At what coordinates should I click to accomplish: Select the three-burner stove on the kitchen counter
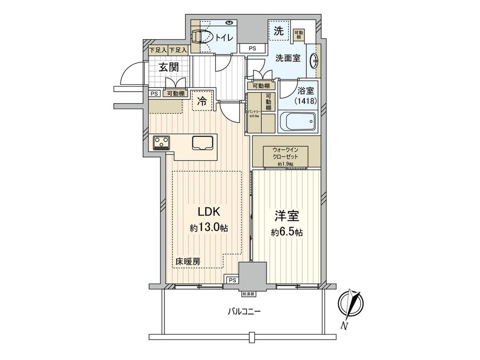tap(162, 143)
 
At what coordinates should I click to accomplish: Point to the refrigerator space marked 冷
tap(201, 101)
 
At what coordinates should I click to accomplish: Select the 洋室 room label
tap(289, 216)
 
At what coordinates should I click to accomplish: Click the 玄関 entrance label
tap(169, 68)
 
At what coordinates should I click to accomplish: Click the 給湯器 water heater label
tap(248, 294)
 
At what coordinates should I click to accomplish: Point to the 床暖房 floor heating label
tap(187, 261)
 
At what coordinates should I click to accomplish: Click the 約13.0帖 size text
tap(209, 228)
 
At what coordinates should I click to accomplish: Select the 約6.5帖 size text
tap(289, 232)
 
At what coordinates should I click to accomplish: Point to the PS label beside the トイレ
tap(252, 48)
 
